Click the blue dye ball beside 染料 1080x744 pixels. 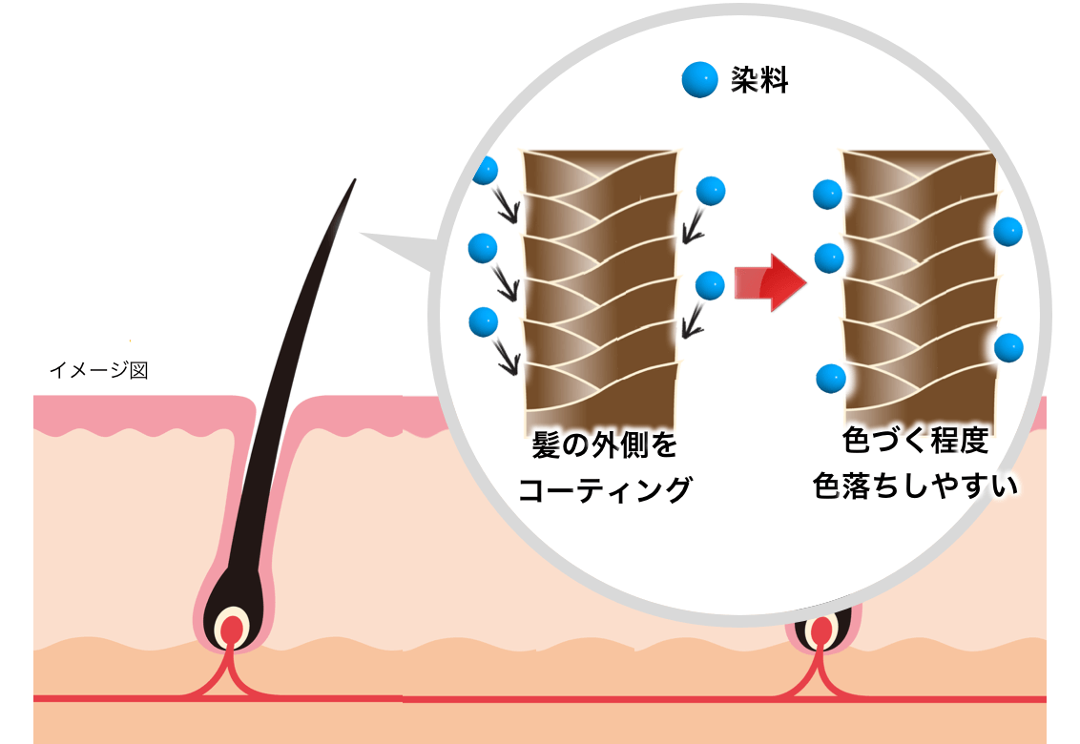[699, 80]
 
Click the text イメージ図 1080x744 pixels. [98, 370]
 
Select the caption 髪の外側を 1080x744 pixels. [604, 446]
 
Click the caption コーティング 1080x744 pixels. [604, 489]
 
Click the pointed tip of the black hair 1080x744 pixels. [354, 181]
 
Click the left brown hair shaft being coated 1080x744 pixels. [601, 286]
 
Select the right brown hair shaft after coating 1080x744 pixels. [921, 286]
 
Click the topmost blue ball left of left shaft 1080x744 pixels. [485, 170]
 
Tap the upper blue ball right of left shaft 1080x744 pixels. [711, 191]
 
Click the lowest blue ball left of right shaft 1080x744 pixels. [830, 379]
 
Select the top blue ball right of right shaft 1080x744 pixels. [1008, 231]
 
